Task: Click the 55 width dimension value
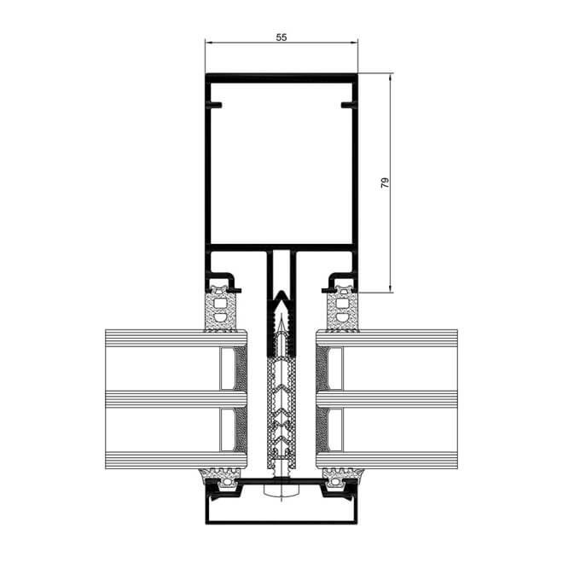(x=281, y=37)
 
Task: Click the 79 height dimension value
(x=385, y=183)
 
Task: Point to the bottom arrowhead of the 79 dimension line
(x=390, y=288)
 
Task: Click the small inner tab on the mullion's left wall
(x=216, y=105)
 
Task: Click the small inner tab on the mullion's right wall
(x=347, y=105)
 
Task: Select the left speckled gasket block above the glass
(x=220, y=309)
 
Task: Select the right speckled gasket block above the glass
(x=343, y=309)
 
